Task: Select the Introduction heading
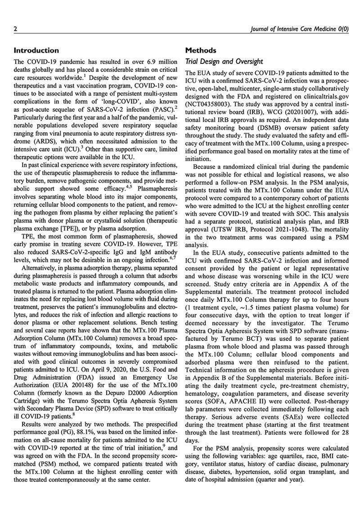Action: pyautogui.click(x=36, y=50)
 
